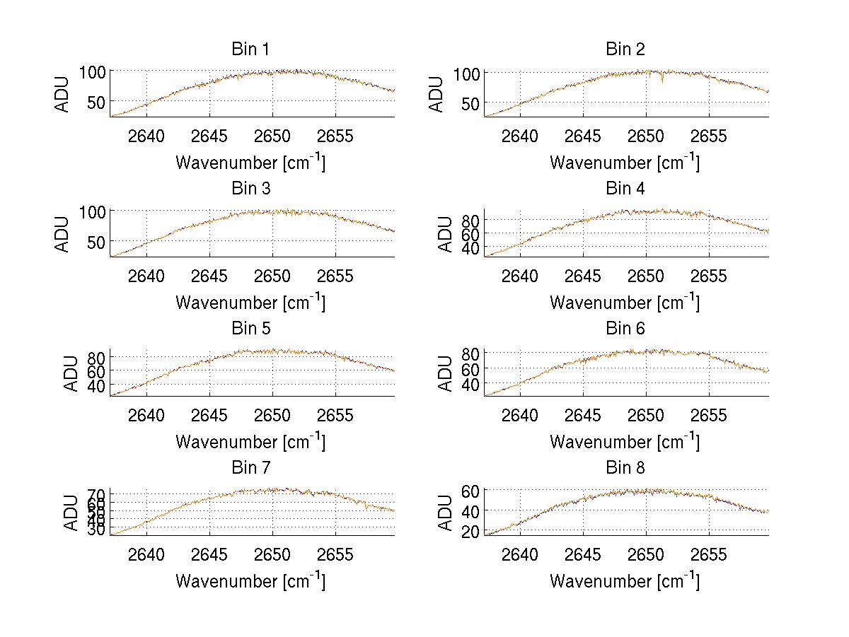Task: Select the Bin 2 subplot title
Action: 625,49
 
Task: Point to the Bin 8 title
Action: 625,468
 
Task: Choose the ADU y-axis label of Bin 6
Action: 446,373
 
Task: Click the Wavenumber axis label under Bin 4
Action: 625,303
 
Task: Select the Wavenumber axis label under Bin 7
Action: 250,581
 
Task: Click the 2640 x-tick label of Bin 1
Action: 146,136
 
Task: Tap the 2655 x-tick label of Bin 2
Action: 709,136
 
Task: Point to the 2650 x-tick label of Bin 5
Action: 272,415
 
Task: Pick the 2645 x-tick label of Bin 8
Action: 583,554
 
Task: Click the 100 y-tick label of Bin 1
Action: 92,71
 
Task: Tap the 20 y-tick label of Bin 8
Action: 473,532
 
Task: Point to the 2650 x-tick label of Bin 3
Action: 272,275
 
